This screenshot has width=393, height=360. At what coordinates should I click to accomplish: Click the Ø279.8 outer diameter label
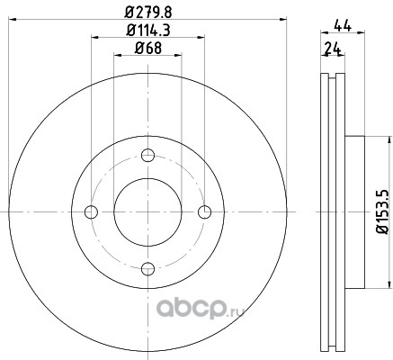pos(148,13)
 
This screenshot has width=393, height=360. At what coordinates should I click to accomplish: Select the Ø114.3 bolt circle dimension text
pos(148,31)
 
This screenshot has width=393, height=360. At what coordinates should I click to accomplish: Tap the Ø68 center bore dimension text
pos(148,48)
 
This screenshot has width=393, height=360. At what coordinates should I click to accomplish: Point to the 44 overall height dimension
pos(343,26)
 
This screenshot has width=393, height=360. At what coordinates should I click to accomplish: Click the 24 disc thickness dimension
pos(333,49)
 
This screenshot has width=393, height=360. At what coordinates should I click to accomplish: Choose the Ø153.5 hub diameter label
pos(383,211)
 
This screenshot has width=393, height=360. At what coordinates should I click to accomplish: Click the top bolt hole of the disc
pos(147,156)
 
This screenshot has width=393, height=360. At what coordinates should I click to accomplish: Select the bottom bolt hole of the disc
pos(147,268)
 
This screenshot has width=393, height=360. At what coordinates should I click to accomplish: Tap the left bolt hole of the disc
pos(91,212)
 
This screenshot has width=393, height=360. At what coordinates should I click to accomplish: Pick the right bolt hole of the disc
pos(204,212)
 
